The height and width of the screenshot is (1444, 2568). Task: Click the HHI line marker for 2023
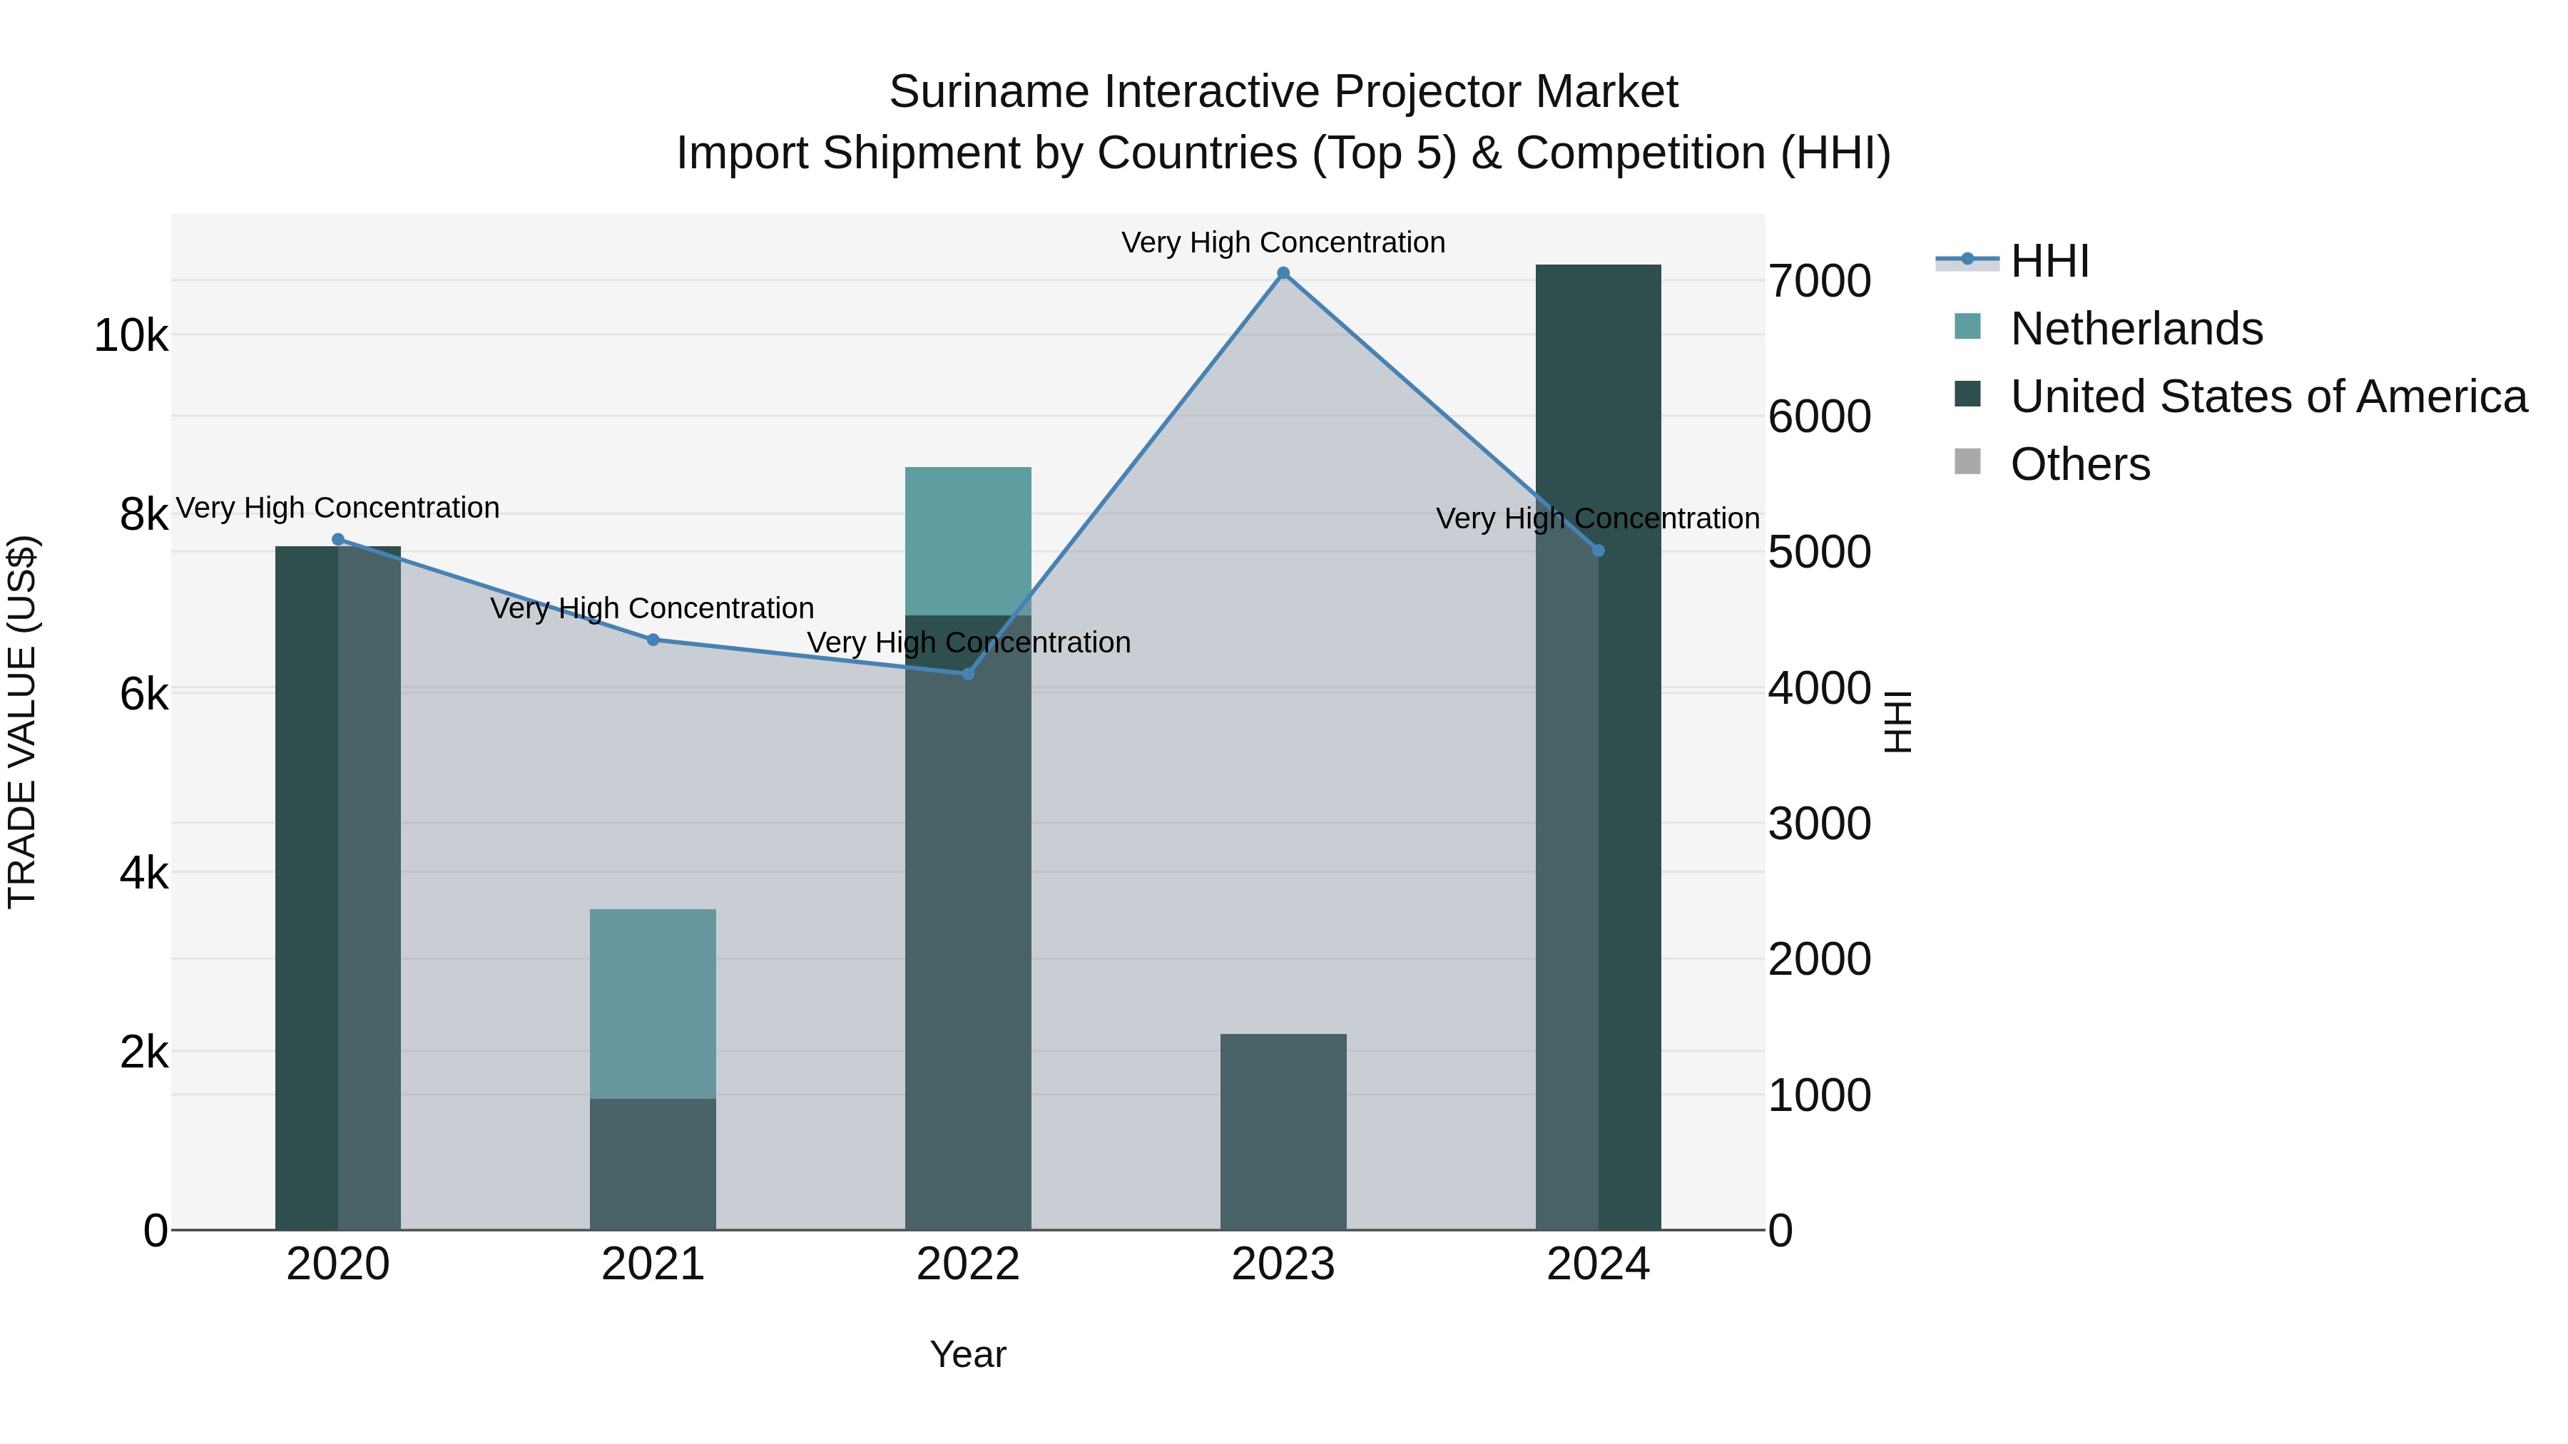[x=1283, y=273]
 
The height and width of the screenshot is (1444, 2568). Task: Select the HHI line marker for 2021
[x=653, y=640]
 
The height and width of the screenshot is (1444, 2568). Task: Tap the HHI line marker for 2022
[x=968, y=674]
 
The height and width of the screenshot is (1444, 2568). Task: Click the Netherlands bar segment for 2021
[x=653, y=1003]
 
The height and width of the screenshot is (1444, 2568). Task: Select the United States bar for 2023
[x=1283, y=1131]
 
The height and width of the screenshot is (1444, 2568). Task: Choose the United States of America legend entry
[x=2268, y=396]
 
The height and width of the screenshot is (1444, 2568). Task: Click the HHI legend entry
[x=2049, y=261]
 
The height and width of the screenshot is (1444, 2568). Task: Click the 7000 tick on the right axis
[x=1819, y=281]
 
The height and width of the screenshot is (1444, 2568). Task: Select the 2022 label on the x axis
[x=968, y=1264]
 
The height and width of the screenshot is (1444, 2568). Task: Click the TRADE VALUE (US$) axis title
[x=23, y=722]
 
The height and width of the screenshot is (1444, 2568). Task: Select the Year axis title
[x=968, y=1354]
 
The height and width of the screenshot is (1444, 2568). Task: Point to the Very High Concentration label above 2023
[x=1283, y=242]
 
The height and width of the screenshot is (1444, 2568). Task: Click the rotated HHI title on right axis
[x=1898, y=722]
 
